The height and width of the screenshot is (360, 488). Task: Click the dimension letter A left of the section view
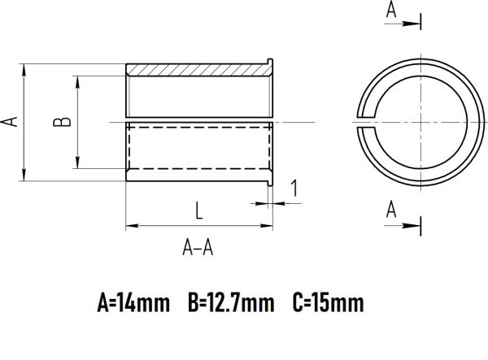coord(11,122)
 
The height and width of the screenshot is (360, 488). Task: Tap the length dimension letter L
coord(198,210)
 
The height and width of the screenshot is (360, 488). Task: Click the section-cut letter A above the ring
coord(391,10)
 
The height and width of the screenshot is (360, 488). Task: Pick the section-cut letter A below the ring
coord(391,210)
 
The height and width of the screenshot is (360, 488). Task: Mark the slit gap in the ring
coord(364,121)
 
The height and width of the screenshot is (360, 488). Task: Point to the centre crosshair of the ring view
coord(420,121)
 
